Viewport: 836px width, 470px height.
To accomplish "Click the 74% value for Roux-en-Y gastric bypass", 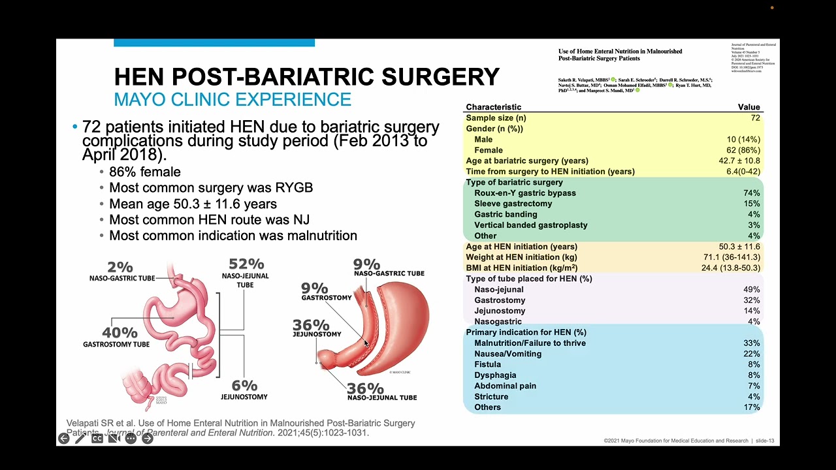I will pyautogui.click(x=751, y=193).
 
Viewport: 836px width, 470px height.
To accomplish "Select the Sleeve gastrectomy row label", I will pyautogui.click(x=513, y=204).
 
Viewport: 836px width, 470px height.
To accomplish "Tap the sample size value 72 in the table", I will pyautogui.click(x=755, y=118).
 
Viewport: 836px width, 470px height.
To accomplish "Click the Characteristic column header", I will pyautogui.click(x=493, y=107).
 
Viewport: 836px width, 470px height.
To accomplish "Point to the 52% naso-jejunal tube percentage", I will pyautogui.click(x=246, y=264).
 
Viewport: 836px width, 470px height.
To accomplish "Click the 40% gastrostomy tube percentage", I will pyautogui.click(x=120, y=333).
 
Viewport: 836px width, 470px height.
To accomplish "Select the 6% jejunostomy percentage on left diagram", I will pyautogui.click(x=244, y=386).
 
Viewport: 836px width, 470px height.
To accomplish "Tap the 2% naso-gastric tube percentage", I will pyautogui.click(x=120, y=267).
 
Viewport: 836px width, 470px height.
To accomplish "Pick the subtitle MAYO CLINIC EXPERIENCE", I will pyautogui.click(x=233, y=100).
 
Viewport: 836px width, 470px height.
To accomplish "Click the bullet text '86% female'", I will pyautogui.click(x=145, y=172).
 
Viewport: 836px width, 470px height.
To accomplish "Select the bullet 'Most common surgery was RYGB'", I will pyautogui.click(x=211, y=188).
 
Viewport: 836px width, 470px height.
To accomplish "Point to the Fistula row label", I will pyautogui.click(x=487, y=365).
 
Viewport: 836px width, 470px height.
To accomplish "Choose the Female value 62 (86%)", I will pyautogui.click(x=743, y=150).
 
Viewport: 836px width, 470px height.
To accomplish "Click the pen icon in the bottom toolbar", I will pyautogui.click(x=80, y=439).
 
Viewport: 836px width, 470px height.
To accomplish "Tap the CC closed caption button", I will pyautogui.click(x=97, y=439).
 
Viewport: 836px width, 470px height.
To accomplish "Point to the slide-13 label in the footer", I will pyautogui.click(x=765, y=441).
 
